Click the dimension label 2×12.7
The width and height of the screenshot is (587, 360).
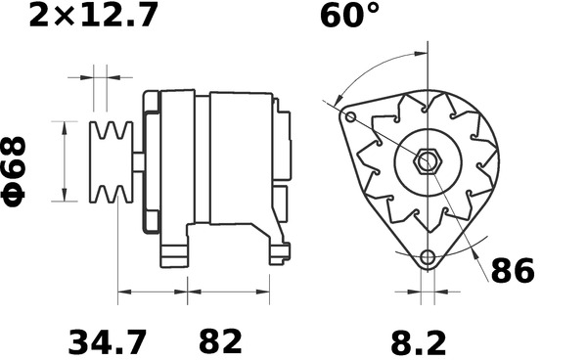pyautogui.click(x=94, y=17)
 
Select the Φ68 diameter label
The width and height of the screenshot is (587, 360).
pyautogui.click(x=17, y=170)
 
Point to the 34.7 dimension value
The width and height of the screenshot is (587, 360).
pyautogui.click(x=108, y=342)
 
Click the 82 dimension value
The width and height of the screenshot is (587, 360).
pyautogui.click(x=220, y=342)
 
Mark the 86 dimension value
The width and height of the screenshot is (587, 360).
pyautogui.click(x=512, y=271)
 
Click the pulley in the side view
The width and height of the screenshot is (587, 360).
pyautogui.click(x=111, y=161)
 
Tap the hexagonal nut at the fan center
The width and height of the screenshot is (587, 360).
pyautogui.click(x=428, y=162)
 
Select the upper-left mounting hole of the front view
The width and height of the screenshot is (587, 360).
pyautogui.click(x=349, y=117)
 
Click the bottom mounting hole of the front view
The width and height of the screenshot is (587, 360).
pyautogui.click(x=427, y=258)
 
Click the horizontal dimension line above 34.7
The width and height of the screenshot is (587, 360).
pyautogui.click(x=153, y=292)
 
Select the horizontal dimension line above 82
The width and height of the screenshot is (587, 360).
pyautogui.click(x=229, y=292)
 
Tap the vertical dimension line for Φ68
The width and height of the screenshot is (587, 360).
pyautogui.click(x=66, y=161)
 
